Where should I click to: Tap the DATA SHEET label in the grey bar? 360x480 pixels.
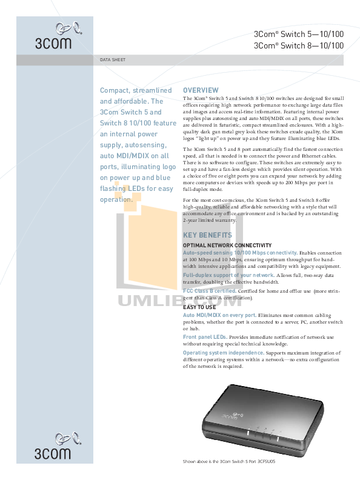113,60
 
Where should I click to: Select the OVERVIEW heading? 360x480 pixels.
201,90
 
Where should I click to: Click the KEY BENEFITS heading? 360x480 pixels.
207,235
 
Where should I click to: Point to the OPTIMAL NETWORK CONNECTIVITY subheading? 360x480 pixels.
227,245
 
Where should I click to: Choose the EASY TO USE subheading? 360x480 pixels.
199,307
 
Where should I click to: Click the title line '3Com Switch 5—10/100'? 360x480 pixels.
298,34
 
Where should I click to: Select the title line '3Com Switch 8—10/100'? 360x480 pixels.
298,45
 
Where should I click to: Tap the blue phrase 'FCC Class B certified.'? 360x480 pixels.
210,291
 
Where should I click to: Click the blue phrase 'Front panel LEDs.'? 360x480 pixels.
205,337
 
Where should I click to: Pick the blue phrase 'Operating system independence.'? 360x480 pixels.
224,353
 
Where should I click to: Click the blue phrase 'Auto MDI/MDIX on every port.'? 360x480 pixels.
220,315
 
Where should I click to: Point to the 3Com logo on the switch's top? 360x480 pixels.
233,416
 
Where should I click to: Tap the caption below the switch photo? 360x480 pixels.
229,462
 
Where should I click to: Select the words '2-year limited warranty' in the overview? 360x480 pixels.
209,220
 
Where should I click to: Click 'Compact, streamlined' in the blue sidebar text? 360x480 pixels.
136,91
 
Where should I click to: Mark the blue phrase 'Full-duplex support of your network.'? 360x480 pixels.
228,275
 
